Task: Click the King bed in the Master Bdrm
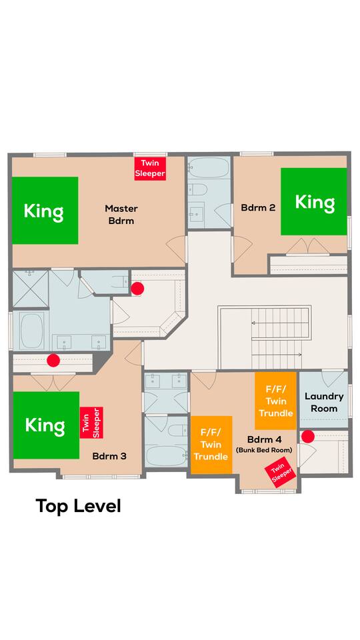(45, 210)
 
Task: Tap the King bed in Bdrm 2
(314, 201)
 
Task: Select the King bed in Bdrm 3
(46, 425)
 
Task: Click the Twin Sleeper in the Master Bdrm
(150, 169)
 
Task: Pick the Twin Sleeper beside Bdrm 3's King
(91, 423)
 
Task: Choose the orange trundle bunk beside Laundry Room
(276, 401)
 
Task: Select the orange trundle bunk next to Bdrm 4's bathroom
(211, 445)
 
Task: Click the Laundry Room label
(324, 403)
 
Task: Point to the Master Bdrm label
(121, 214)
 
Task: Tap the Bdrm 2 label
(258, 207)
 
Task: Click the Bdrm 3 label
(109, 456)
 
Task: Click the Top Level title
(79, 506)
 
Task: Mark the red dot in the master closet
(137, 289)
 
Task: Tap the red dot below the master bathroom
(53, 361)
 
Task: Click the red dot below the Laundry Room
(308, 436)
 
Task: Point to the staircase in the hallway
(265, 337)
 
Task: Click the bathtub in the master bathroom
(31, 330)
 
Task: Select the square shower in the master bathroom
(30, 289)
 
